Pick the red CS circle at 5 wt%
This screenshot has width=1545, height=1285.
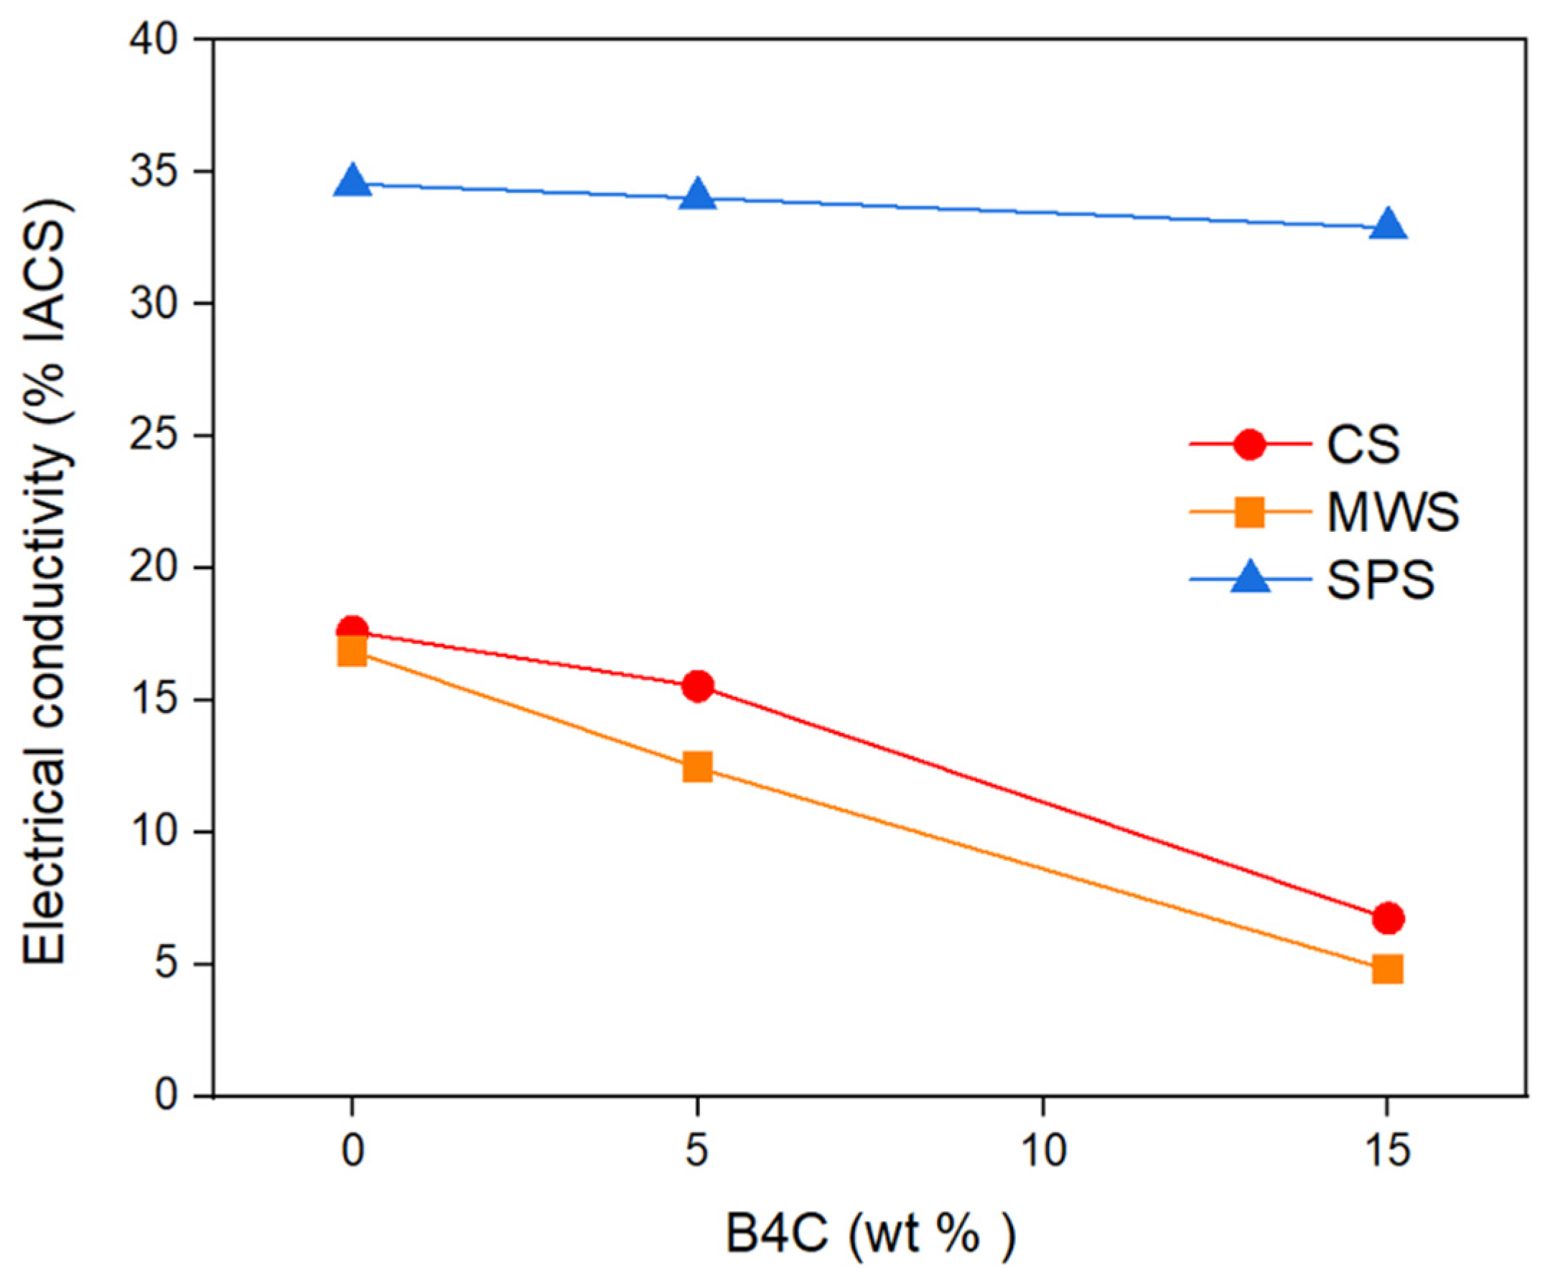tap(697, 686)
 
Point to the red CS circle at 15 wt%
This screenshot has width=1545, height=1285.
tap(1388, 918)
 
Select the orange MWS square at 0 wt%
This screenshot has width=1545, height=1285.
tap(353, 652)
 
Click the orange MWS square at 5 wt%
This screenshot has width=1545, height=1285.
tap(697, 767)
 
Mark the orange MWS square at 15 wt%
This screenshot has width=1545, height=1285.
tap(1388, 969)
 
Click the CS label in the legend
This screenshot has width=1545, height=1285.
tap(1363, 445)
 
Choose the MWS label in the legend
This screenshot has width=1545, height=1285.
tap(1393, 513)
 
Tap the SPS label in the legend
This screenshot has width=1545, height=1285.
tap(1380, 580)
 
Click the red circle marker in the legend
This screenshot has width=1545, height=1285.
tap(1249, 445)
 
